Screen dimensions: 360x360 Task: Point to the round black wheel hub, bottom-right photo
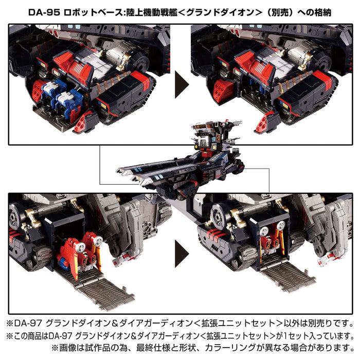point(222,218)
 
